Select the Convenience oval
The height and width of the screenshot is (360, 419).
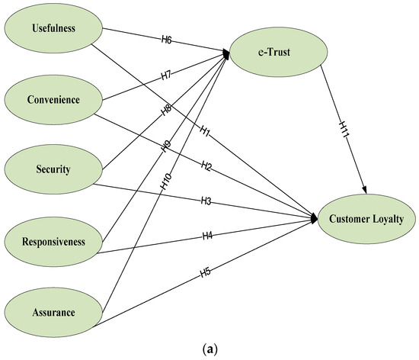(53, 99)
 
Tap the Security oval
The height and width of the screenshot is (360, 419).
(53, 169)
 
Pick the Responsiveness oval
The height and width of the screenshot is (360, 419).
(53, 242)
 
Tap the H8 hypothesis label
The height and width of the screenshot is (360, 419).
(165, 109)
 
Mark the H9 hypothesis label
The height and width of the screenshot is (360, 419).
(165, 144)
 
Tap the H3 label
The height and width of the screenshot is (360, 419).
(206, 201)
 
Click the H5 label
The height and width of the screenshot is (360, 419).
(205, 271)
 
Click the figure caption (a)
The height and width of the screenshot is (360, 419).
(209, 349)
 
